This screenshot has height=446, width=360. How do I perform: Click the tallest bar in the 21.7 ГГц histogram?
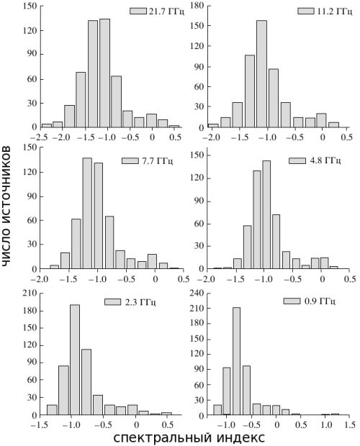pos(104,73)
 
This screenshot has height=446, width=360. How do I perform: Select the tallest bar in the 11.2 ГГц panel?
pos(261,73)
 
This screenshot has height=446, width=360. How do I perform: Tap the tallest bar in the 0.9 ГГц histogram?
pos(236,361)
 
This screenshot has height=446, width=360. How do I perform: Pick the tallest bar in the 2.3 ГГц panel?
pos(75,360)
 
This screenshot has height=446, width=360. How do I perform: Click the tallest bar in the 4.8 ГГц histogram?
pos(266,214)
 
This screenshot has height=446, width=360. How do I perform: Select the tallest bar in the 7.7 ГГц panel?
pos(87,213)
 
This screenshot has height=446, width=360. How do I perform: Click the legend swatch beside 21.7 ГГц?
pos(138,11)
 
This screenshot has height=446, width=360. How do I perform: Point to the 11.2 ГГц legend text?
pos(335,11)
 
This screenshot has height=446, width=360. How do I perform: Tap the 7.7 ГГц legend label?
pos(158,160)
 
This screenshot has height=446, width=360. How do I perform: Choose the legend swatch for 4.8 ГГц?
pos(297,160)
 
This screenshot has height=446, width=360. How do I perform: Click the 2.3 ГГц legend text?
pos(140,302)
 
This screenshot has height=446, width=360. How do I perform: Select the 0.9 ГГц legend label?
pos(320,301)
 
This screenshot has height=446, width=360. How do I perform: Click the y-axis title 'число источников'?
pos(6,206)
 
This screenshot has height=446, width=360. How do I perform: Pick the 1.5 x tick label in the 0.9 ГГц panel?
pos(349,425)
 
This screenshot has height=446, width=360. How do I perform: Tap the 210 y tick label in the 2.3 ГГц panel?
pos(30,293)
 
